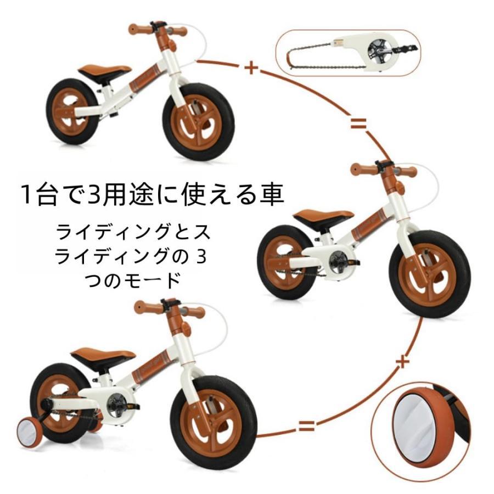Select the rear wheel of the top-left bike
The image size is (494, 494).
[x=72, y=111]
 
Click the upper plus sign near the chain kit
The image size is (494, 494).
[x=251, y=68]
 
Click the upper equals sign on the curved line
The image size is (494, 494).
[x=358, y=123]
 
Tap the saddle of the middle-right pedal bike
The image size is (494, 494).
[x=323, y=216]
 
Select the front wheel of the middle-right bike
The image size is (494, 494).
[x=430, y=274]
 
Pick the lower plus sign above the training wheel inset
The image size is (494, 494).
[x=402, y=362]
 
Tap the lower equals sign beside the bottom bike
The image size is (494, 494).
[x=306, y=426]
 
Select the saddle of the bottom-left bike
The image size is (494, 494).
[x=103, y=356]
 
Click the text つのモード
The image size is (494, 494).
[x=132, y=280]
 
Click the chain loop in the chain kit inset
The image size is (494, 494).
[x=326, y=58]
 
